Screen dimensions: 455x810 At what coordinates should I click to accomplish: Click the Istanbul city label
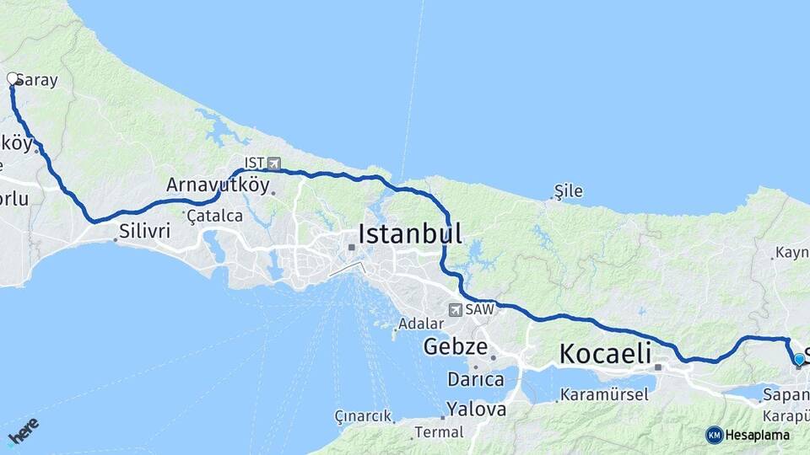pyautogui.click(x=410, y=233)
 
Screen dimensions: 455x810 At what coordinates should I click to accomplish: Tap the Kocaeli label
pyautogui.click(x=607, y=353)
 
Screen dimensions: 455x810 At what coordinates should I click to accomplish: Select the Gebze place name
pyautogui.click(x=456, y=345)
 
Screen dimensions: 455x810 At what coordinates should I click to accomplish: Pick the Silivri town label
pyautogui.click(x=145, y=229)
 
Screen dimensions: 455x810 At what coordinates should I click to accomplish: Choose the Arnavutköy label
pyautogui.click(x=218, y=185)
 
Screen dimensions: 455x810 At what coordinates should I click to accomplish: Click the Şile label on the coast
pyautogui.click(x=568, y=191)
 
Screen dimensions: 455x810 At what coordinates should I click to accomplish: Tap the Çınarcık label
pyautogui.click(x=364, y=416)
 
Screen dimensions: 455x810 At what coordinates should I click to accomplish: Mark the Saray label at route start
pyautogui.click(x=37, y=81)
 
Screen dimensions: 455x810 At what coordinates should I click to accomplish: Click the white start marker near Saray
pyautogui.click(x=13, y=79)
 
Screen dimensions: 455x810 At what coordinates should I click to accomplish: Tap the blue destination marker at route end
pyautogui.click(x=799, y=360)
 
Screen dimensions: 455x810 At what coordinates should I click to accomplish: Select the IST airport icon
pyautogui.click(x=274, y=162)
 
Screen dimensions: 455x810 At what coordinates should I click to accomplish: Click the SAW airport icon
pyautogui.click(x=456, y=310)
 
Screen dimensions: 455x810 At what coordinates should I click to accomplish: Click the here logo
pyautogui.click(x=23, y=431)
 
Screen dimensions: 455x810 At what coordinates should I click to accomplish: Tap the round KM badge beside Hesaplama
pyautogui.click(x=714, y=435)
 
